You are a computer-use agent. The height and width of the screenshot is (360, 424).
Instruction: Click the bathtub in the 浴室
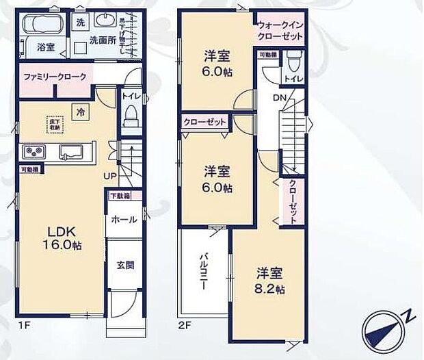pos(41,26)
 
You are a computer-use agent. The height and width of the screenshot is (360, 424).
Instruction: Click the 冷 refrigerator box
pos(80,110)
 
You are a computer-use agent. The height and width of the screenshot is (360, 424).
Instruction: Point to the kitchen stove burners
pos(34,151)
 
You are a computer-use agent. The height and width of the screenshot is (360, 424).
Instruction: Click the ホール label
pos(123,220)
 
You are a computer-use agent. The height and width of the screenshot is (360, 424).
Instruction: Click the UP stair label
pos(109,177)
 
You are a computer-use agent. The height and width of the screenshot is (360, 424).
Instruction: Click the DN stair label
pos(280,99)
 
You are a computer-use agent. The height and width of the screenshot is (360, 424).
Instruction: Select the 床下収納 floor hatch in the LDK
pos(54,124)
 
